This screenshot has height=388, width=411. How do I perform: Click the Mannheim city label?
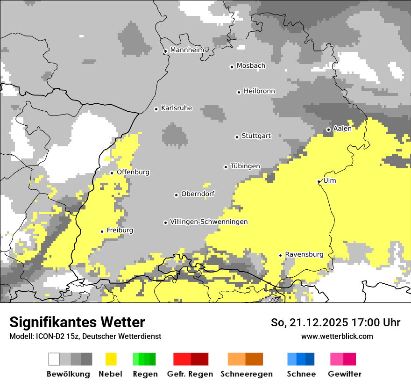pos(187,50)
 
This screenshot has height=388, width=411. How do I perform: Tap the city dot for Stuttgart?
pos(237,137)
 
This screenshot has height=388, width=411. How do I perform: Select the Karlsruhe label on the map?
pos(177,108)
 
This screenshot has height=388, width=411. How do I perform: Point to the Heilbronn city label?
pos(259,91)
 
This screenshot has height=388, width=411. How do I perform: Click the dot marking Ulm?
pos(319,181)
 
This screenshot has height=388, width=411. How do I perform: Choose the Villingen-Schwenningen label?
pos(209,222)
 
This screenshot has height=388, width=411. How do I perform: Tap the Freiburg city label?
pos(120,230)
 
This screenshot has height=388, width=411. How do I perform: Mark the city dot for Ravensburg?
pos(281,255)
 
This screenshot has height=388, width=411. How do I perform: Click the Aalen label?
pos(342,129)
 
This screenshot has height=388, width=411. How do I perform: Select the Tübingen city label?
pos(245,166)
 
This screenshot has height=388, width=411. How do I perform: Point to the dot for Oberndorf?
pos(177,195)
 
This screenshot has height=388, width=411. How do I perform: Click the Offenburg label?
pos(133,172)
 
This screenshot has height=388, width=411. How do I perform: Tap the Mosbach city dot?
pos(232,67)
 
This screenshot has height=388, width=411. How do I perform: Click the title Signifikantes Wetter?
pos(77,322)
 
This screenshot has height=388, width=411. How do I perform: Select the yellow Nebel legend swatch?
pos(111,359)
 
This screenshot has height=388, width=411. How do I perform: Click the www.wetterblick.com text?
pos(337,336)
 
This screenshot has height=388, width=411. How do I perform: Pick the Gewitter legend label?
pos(345,374)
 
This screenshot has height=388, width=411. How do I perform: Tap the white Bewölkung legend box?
pos(54,359)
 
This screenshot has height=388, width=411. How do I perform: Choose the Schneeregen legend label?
pos(247,374)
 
